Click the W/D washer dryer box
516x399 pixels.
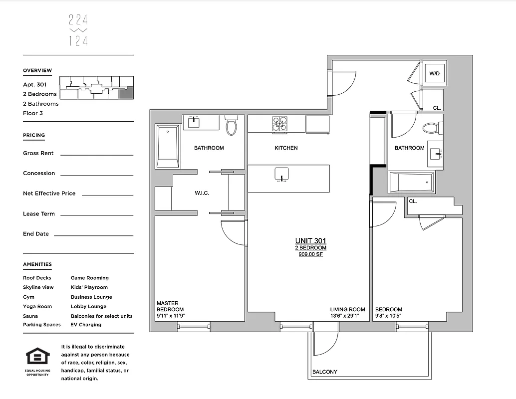tap(435, 74)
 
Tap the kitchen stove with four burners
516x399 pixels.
tap(279, 124)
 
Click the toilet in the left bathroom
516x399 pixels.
tap(231, 126)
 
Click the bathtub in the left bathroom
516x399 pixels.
tap(168, 146)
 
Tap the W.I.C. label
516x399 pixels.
tap(202, 193)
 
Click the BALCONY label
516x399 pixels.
tap(324, 372)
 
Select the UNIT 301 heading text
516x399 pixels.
tap(310, 241)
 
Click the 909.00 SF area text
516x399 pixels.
tap(310, 254)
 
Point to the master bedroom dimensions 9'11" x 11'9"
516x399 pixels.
tap(171, 316)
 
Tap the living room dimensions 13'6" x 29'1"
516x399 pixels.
tap(344, 316)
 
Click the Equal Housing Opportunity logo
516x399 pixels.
tap(37, 359)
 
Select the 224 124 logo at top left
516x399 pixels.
tap(78, 30)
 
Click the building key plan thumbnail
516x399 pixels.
tap(96, 88)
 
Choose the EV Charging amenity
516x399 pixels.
tap(86, 325)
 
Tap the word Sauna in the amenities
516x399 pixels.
tap(30, 316)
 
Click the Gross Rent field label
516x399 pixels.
tap(38, 153)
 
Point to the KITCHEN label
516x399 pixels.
tap(286, 148)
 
